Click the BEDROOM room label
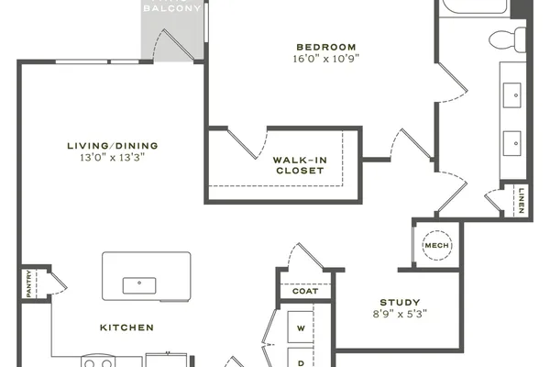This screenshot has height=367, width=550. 326,47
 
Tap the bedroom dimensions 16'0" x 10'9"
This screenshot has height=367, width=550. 326,59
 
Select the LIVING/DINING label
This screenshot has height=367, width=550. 113,146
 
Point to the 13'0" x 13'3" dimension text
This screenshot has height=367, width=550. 113,157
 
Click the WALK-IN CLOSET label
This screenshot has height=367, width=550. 300,165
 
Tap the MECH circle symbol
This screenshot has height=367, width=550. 437,246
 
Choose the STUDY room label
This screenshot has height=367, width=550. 401,303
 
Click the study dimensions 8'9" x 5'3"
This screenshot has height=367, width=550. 401,314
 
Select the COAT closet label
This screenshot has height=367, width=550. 305,291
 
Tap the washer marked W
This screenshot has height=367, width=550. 301,327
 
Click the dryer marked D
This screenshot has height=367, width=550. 301,358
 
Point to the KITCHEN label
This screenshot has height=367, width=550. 127,328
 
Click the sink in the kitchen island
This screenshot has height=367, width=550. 139,285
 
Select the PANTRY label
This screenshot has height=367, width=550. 28,284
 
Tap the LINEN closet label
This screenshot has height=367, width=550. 522,201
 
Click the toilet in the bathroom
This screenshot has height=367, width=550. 507,39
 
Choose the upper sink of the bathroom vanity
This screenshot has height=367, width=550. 512,95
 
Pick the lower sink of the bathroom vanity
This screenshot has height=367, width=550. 512,143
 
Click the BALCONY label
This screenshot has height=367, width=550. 172,7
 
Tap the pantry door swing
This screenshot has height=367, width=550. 59,284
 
